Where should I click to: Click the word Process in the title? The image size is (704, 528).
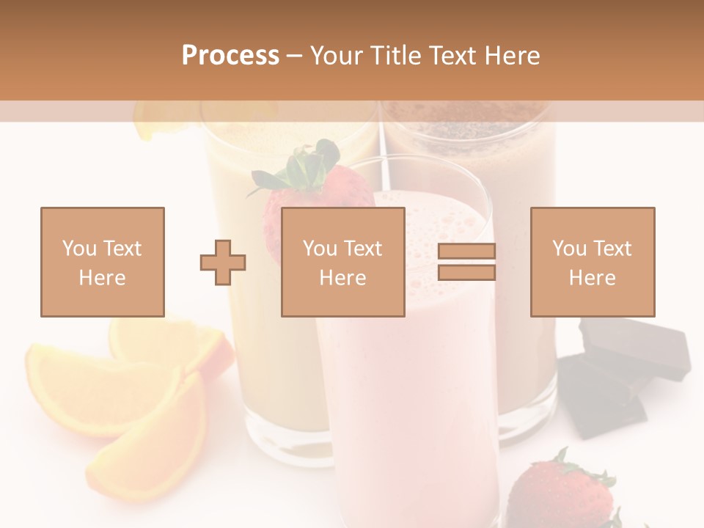click(x=230, y=55)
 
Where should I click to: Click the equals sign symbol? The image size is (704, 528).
click(x=466, y=262)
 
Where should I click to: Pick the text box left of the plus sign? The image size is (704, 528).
click(x=103, y=262)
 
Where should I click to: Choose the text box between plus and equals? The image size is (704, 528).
click(x=343, y=262)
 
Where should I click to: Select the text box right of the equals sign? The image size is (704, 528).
click(x=593, y=262)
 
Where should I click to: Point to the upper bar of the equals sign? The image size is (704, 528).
click(x=466, y=252)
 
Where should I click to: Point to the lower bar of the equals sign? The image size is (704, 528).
click(x=466, y=272)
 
